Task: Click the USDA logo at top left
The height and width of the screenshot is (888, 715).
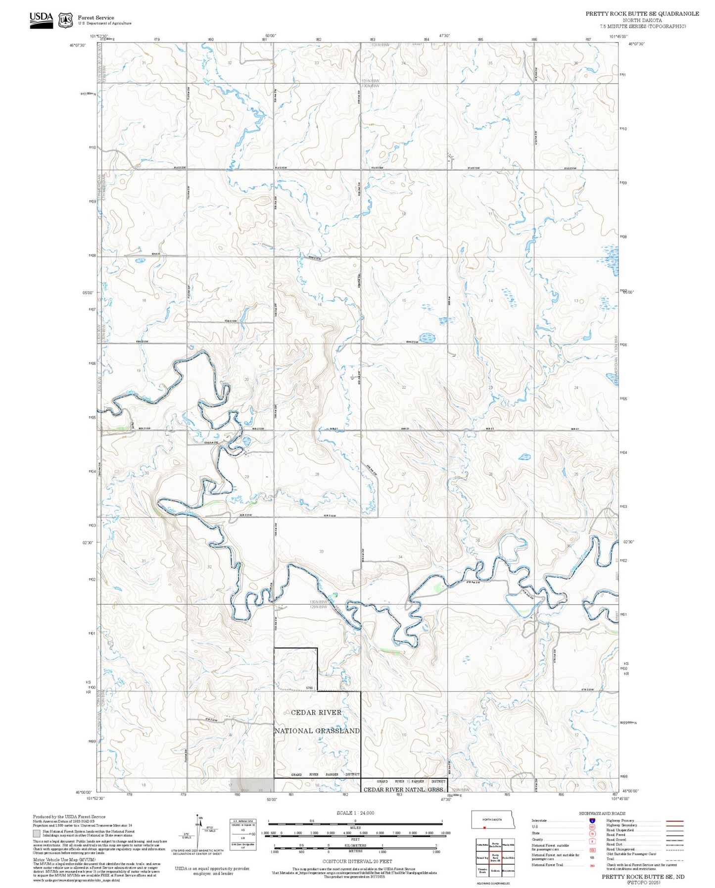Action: point(41,20)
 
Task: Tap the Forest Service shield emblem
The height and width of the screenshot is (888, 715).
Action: point(65,20)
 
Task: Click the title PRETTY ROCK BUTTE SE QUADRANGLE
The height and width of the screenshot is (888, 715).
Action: point(642,14)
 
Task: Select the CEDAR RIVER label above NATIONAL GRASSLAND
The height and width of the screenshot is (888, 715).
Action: point(316,712)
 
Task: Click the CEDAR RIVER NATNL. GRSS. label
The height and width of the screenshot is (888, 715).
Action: point(404,789)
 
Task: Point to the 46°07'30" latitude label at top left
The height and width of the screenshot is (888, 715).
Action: point(78,45)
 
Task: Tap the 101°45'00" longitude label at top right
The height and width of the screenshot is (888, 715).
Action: point(618,36)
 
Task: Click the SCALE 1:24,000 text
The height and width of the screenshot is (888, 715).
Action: point(355,813)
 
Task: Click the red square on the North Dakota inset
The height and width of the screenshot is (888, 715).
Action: point(484,827)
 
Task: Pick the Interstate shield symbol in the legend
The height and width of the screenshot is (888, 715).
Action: point(592,821)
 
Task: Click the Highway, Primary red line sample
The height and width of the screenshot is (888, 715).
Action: point(675,821)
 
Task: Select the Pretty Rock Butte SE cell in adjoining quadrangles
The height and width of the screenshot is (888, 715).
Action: point(495,858)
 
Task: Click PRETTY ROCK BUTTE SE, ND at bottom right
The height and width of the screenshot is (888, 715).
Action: point(643,876)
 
